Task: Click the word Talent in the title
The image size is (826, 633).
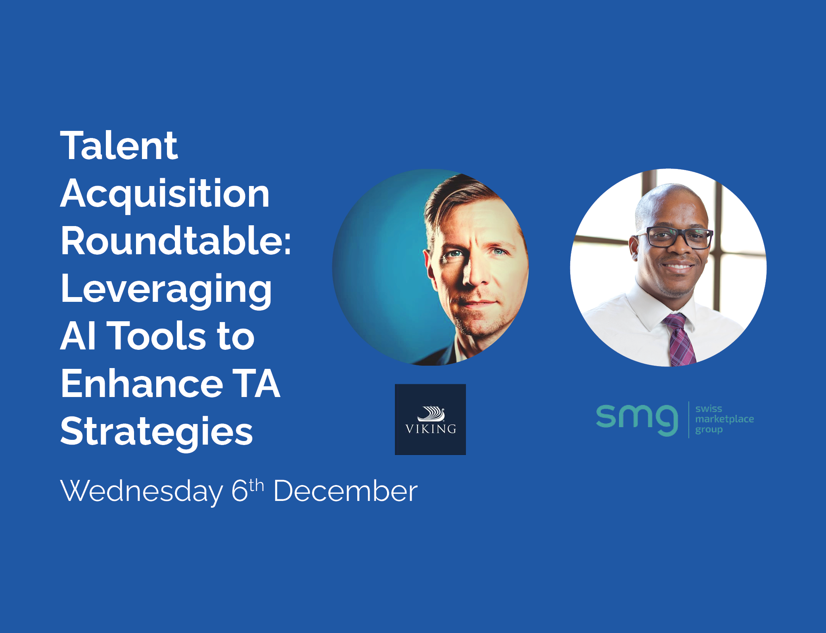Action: tap(119, 146)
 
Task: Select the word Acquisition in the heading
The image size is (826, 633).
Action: tap(165, 195)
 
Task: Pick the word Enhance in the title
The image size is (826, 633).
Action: tap(142, 384)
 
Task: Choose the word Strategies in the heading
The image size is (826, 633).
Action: tap(157, 433)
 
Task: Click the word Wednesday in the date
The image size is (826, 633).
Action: tap(142, 491)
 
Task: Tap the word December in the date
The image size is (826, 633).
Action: tap(345, 491)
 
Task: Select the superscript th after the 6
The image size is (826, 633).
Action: tap(256, 485)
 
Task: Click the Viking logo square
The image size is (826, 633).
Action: tap(430, 419)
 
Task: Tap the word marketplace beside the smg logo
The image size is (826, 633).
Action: tap(724, 419)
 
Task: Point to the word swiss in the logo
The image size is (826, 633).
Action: tap(709, 409)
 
